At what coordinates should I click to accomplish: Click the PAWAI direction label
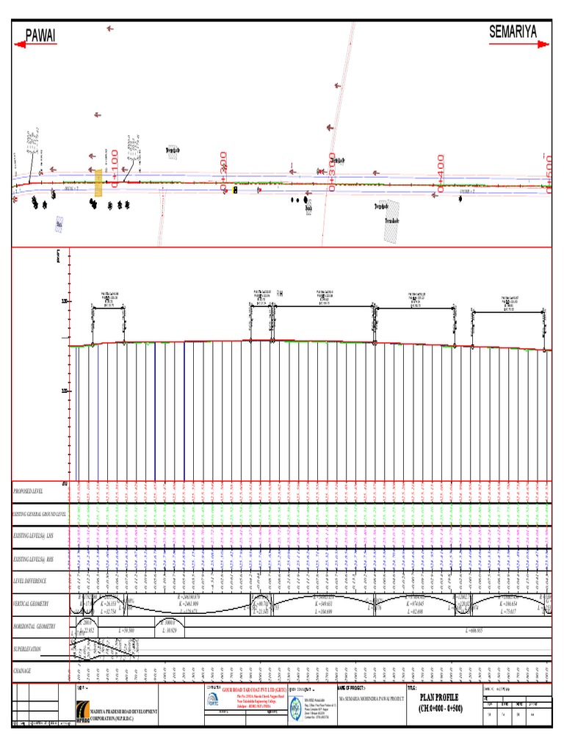(x=41, y=35)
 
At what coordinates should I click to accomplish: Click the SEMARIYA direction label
(x=513, y=32)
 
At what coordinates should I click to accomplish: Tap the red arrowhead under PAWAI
(x=21, y=45)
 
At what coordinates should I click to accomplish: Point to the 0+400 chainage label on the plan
(x=441, y=173)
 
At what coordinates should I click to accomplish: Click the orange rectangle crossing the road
(x=98, y=182)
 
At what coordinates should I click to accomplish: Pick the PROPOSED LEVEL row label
(x=29, y=491)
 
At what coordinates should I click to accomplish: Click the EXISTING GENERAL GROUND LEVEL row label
(x=40, y=515)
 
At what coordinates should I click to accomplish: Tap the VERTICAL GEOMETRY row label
(x=33, y=604)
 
